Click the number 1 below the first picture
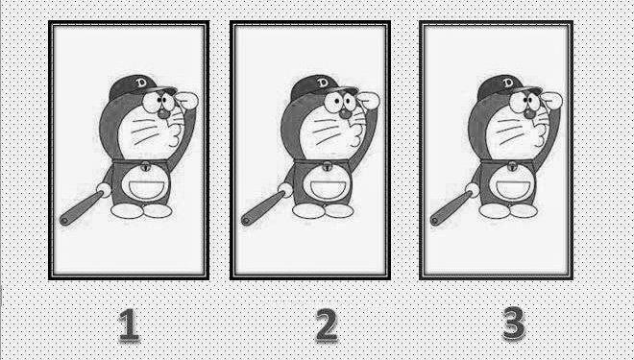(129, 324)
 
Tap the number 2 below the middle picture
(327, 324)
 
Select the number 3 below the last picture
(514, 324)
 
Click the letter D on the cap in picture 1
(141, 83)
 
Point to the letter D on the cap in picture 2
(323, 83)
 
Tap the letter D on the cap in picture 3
(508, 84)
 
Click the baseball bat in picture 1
(81, 208)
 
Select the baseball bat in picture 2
(262, 208)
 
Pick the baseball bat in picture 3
(451, 209)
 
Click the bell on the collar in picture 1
(146, 166)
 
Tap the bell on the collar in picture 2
(328, 166)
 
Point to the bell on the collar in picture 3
(512, 166)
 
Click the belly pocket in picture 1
(146, 188)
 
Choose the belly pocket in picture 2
(328, 188)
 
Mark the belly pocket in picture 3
(513, 188)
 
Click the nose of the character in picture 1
(163, 113)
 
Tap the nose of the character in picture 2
(345, 113)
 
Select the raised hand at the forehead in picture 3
(551, 100)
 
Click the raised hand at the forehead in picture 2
(368, 100)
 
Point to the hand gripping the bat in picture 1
(104, 189)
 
